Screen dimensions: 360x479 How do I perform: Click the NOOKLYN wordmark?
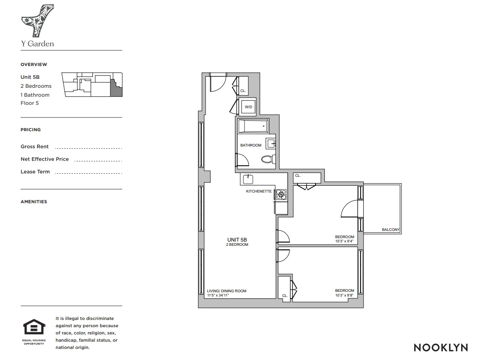point(441,348)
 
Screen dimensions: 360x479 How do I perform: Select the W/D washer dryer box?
point(248,107)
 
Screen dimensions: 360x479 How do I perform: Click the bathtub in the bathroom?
point(253,127)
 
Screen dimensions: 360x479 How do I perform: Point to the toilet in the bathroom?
point(267,159)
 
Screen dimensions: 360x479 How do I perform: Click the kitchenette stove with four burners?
point(281,194)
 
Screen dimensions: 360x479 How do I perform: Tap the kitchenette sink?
point(249,179)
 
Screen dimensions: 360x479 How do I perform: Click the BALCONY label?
point(390,230)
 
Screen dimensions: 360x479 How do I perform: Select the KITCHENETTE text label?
point(258,191)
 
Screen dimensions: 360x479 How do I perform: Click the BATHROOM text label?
point(251,145)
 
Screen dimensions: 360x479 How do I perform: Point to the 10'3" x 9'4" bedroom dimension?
point(344,241)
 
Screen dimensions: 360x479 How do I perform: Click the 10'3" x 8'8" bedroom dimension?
point(344,295)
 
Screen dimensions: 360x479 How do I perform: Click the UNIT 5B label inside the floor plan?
point(237,240)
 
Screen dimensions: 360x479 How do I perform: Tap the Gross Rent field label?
point(34,147)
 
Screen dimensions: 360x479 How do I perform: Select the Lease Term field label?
point(35,172)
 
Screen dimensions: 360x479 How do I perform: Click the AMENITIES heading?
point(34,202)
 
